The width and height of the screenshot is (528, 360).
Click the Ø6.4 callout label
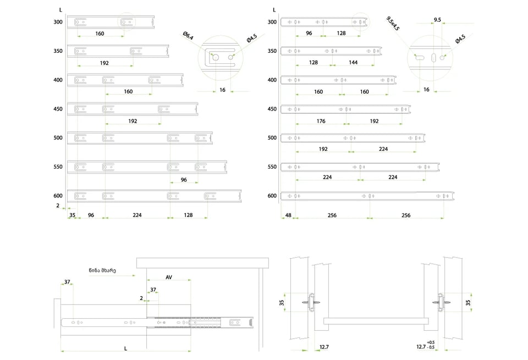[x=188, y=36]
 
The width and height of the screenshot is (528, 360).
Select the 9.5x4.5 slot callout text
[x=393, y=24]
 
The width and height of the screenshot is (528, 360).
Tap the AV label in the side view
[x=169, y=277]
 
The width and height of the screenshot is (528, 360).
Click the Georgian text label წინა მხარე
[x=102, y=270]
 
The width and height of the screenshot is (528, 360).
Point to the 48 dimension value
[x=288, y=215]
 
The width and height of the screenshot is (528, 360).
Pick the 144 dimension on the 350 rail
[x=353, y=62]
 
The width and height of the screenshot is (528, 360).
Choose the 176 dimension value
[x=321, y=121]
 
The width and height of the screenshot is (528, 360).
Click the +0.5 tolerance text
[x=430, y=342]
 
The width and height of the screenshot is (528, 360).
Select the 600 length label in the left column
[x=58, y=195]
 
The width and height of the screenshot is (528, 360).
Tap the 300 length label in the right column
[x=272, y=22]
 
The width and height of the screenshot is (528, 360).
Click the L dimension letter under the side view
[x=125, y=348]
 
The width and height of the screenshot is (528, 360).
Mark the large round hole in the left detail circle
[x=216, y=57]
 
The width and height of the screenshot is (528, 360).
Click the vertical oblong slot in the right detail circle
[x=433, y=58]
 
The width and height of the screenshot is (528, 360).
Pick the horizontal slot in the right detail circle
[x=420, y=58]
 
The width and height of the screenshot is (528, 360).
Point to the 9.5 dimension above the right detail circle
[x=437, y=20]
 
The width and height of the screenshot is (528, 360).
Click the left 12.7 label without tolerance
[x=324, y=347]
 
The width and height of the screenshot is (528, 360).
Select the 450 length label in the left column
[x=58, y=109]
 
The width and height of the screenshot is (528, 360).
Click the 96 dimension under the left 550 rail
[x=184, y=179]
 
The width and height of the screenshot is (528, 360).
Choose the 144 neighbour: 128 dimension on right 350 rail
[x=313, y=62]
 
